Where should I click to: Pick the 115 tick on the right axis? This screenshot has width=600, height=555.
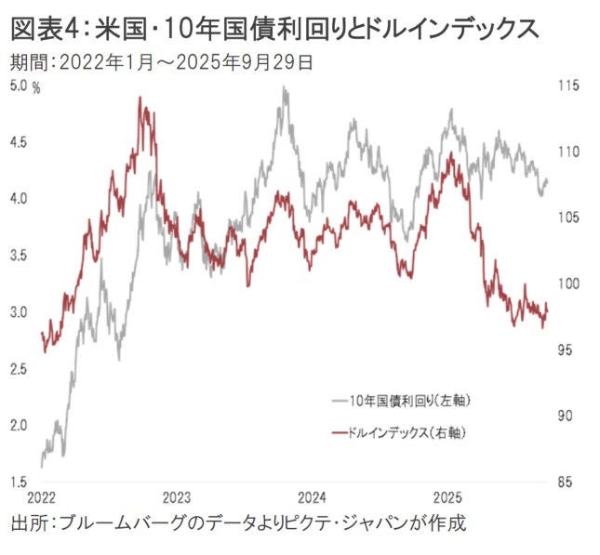(569, 86)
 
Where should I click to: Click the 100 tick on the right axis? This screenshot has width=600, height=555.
(569, 284)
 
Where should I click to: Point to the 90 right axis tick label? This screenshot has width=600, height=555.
(567, 416)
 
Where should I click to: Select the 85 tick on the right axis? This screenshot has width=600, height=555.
(567, 482)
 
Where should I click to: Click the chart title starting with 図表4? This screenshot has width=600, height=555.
(274, 28)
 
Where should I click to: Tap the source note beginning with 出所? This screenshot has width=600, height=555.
(237, 522)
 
